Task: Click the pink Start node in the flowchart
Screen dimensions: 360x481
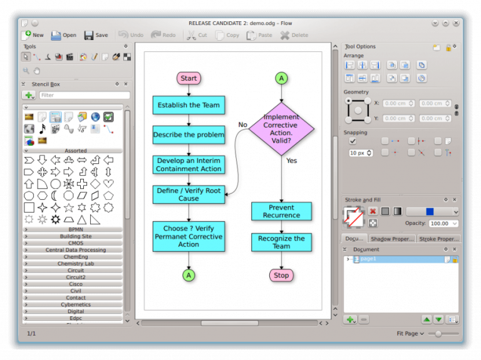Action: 189,78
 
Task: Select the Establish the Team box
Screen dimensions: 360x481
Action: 189,105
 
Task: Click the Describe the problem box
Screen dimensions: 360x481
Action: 189,135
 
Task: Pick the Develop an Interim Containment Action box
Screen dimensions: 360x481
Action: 189,165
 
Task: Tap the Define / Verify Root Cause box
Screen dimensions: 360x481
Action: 189,195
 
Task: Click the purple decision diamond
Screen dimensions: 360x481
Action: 281,128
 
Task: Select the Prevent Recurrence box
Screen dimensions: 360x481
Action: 281,211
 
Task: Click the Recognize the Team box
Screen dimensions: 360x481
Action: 281,242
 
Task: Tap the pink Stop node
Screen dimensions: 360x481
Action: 281,275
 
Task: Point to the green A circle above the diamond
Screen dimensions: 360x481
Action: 281,78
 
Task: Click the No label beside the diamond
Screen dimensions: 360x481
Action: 243,125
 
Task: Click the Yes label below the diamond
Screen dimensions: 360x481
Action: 291,161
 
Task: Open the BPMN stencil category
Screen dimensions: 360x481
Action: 76,229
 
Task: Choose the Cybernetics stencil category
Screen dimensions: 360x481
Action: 76,304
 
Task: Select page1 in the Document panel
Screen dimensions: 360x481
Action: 368,259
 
